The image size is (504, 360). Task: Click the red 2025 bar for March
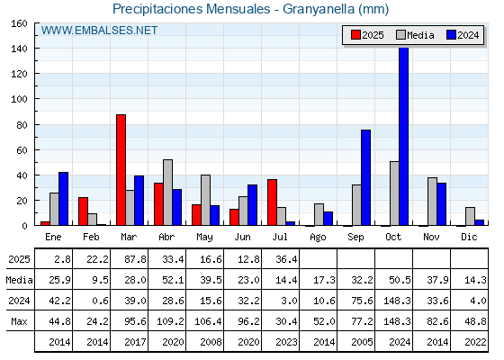[121, 170]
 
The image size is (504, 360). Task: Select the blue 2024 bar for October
[404, 136]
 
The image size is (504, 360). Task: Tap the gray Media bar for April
[167, 193]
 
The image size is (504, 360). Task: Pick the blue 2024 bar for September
[365, 177]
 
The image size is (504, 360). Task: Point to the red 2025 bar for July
[272, 202]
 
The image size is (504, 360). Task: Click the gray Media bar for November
[432, 202]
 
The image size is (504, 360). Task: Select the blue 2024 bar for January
[63, 199]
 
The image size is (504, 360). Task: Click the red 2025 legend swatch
[355, 35]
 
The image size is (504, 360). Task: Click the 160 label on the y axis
[19, 23]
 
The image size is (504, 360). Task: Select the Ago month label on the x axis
[318, 238]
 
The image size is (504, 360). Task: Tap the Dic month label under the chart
[469, 237]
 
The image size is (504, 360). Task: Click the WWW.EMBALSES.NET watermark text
[99, 31]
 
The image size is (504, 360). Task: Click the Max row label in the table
[19, 321]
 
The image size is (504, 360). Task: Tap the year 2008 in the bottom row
[211, 342]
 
